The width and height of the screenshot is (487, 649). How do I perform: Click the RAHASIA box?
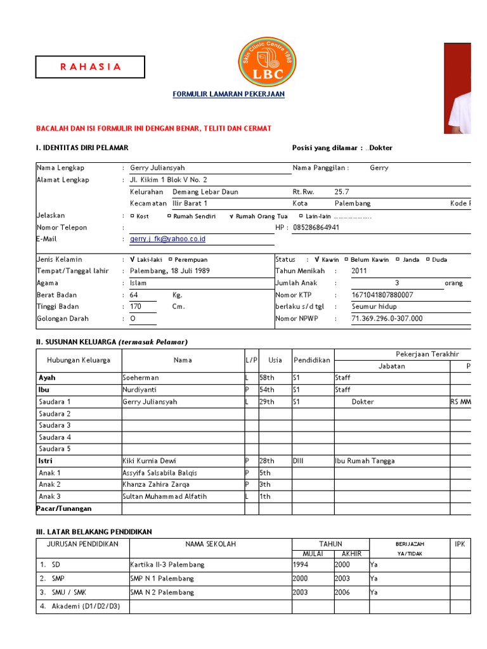point(89,67)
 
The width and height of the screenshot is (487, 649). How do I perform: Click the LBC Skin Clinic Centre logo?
point(267,61)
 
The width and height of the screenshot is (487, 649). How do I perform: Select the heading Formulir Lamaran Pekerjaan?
point(229,94)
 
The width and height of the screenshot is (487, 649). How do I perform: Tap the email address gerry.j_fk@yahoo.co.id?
point(167,239)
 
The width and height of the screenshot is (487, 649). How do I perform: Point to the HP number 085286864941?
point(316,228)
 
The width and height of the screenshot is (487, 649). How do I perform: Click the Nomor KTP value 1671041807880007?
point(382,295)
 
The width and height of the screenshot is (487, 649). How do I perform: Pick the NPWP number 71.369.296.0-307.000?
point(386,319)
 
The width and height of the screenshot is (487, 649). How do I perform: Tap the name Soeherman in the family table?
point(141,378)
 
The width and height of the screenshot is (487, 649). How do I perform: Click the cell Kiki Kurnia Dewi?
point(149,461)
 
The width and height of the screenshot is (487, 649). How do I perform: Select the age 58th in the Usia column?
point(267,378)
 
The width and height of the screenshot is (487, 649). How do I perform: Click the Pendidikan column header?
point(312,360)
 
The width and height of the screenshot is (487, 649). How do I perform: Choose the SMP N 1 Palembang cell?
point(162,579)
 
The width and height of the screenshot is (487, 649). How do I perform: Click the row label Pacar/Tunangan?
point(64,508)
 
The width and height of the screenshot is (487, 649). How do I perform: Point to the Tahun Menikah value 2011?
point(359,271)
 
